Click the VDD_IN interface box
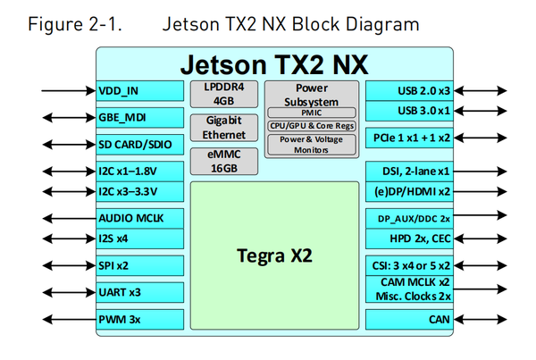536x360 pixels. click(x=138, y=90)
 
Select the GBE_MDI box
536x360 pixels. click(x=138, y=117)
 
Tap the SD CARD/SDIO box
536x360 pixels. click(x=138, y=144)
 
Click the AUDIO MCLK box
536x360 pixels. click(x=138, y=218)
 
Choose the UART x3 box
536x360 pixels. click(x=138, y=291)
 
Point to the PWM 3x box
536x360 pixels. click(x=138, y=319)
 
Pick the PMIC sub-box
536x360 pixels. click(x=312, y=113)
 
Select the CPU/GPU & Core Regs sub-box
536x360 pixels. click(x=312, y=126)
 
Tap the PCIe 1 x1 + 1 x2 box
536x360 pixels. click(x=412, y=138)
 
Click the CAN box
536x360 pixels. click(x=412, y=319)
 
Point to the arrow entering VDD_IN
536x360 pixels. click(x=68, y=90)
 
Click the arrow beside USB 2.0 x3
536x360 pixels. click(x=483, y=90)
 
